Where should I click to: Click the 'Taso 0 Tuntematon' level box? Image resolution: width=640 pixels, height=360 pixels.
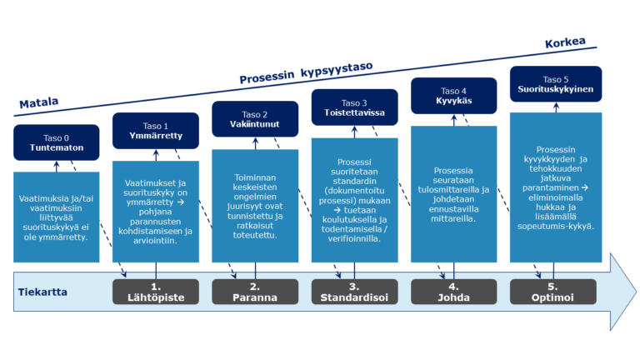(x=57, y=142)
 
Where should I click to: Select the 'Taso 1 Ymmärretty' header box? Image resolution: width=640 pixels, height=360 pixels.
(x=155, y=131)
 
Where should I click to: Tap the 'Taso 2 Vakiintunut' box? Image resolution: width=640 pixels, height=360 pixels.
(x=254, y=119)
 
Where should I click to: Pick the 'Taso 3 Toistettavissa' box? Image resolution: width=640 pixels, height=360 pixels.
(x=354, y=107)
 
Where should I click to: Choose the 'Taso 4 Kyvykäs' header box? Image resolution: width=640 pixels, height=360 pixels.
(x=453, y=96)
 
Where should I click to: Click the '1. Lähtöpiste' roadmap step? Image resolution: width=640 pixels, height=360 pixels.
(x=155, y=292)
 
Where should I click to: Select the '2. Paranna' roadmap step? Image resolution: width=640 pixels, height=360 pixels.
(x=254, y=292)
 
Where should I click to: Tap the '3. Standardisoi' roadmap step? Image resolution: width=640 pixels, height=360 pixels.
(x=354, y=292)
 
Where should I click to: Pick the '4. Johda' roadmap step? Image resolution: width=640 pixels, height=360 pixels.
(x=453, y=292)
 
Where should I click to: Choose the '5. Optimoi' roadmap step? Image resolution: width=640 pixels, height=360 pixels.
(x=553, y=292)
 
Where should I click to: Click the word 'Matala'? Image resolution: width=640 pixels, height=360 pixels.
(x=39, y=103)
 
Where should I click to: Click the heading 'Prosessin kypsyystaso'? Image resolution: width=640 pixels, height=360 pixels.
(x=306, y=72)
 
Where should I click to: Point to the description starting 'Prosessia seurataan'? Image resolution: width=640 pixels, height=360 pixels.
(x=453, y=194)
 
